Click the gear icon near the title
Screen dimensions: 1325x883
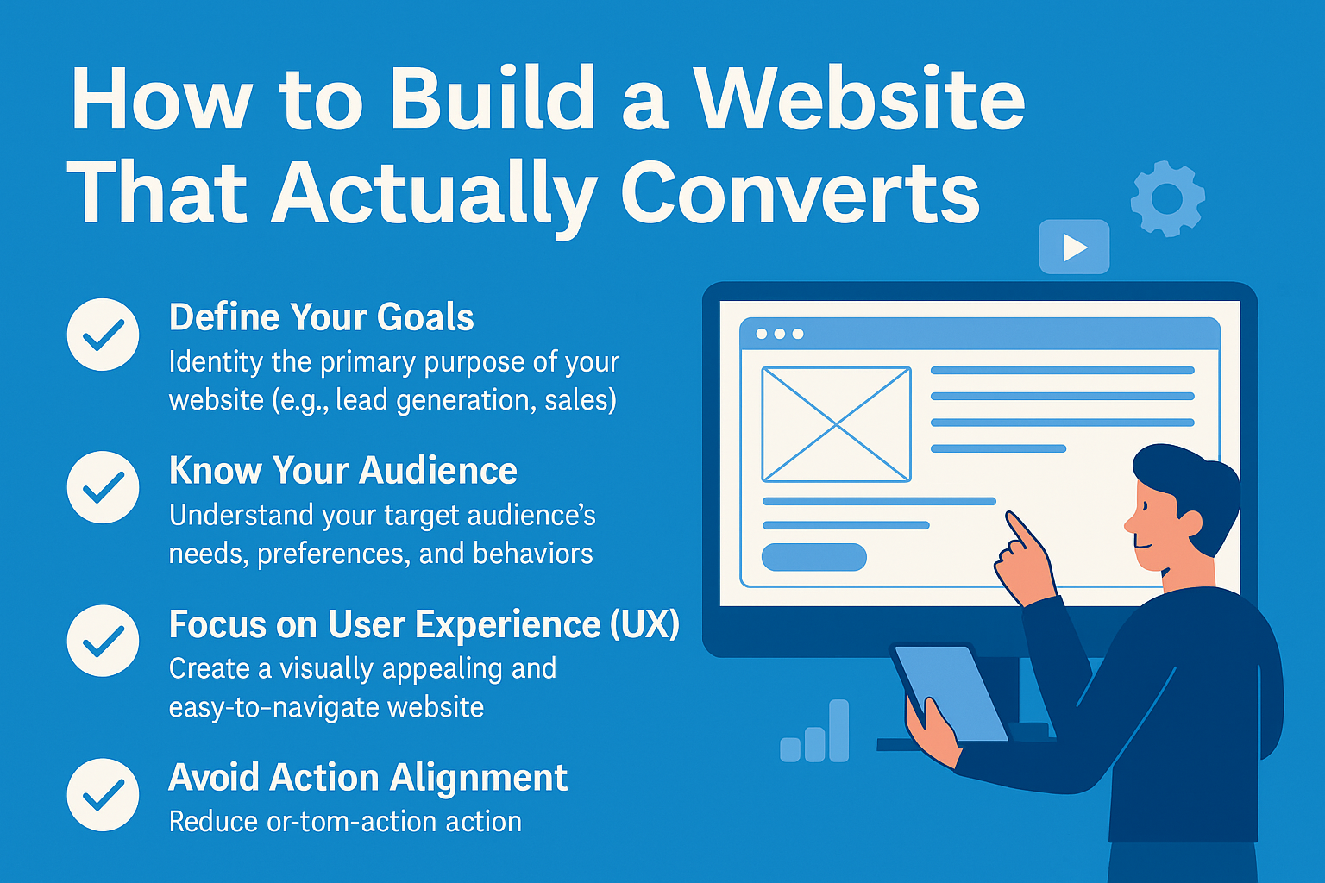pyautogui.click(x=1167, y=198)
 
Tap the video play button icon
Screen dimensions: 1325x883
pyautogui.click(x=1074, y=247)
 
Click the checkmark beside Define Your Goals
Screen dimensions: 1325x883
pyautogui.click(x=103, y=335)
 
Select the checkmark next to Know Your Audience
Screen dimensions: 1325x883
pyautogui.click(x=103, y=487)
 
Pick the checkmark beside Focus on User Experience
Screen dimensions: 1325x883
pyautogui.click(x=103, y=641)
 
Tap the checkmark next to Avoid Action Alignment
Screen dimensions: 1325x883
pyautogui.click(x=103, y=794)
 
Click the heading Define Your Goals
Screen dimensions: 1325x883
pyautogui.click(x=321, y=317)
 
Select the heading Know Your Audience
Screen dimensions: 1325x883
pyautogui.click(x=343, y=471)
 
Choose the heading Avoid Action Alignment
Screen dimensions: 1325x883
pyautogui.click(x=368, y=778)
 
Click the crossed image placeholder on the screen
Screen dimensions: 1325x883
pyautogui.click(x=837, y=424)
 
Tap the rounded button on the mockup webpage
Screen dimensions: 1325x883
pyautogui.click(x=814, y=556)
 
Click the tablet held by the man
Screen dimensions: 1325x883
pyautogui.click(x=951, y=693)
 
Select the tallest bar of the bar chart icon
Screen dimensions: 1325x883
pyautogui.click(x=838, y=730)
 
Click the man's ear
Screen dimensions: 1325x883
pyautogui.click(x=1190, y=523)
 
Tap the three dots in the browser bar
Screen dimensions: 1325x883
pyautogui.click(x=780, y=335)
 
